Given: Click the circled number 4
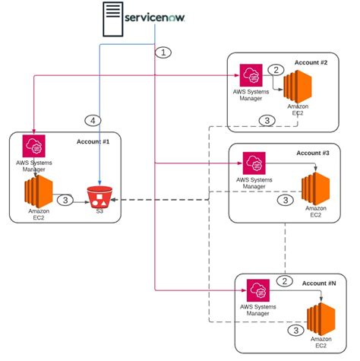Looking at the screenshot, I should click(x=93, y=120).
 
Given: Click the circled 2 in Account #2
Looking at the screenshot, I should click(x=277, y=70).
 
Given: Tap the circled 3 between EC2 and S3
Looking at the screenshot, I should click(x=65, y=201).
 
